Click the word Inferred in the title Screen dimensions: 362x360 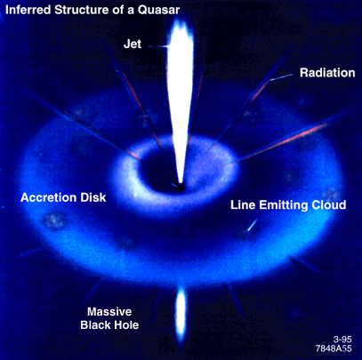pos(28,10)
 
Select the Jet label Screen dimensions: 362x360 pos(133,44)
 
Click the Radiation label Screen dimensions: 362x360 pos(327,73)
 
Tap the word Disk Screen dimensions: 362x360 pos(94,197)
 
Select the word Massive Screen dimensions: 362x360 pos(109,312)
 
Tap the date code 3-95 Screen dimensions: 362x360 pos(342,340)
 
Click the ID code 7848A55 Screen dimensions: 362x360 pos(334,348)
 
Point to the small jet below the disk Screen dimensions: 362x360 pos(181,315)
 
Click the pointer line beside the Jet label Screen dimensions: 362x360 pos(159,46)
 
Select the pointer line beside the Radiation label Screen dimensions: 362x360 pos(281,77)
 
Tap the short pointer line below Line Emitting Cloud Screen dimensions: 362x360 pos(253,225)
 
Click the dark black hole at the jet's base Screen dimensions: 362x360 pos(178,187)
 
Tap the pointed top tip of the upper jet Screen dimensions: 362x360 pos(180,19)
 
